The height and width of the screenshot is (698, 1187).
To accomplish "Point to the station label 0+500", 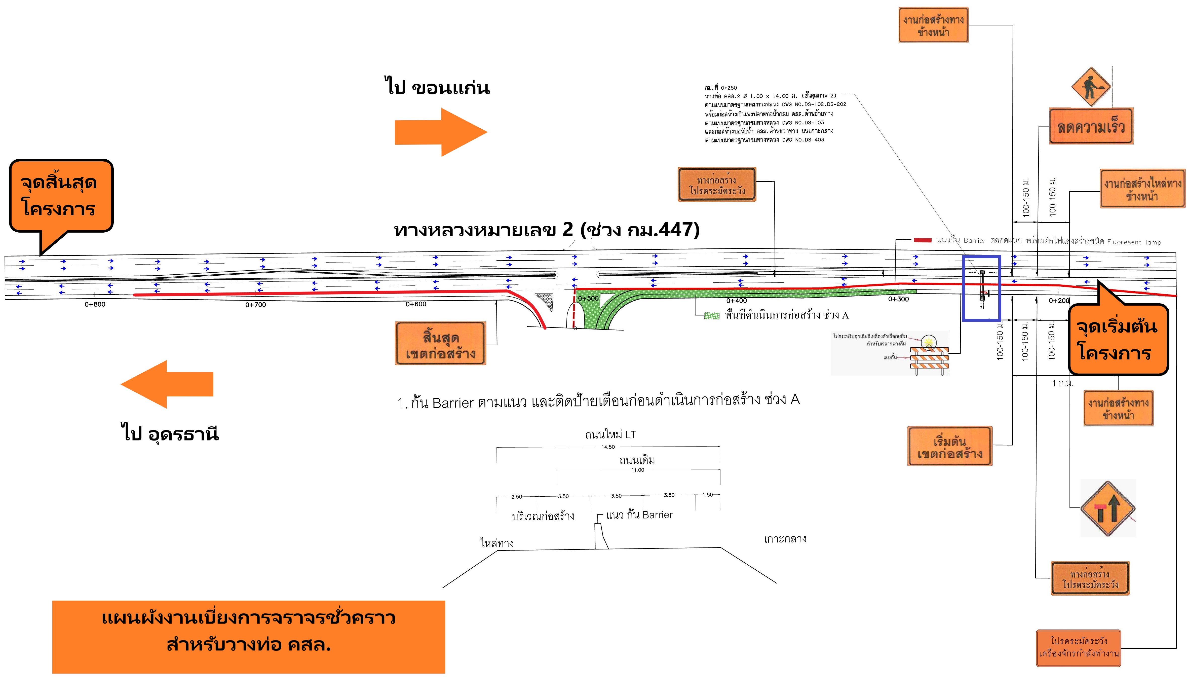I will [x=588, y=298].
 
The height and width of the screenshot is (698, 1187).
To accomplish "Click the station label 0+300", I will [x=898, y=299].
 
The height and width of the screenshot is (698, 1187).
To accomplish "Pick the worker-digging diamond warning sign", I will [x=1091, y=87].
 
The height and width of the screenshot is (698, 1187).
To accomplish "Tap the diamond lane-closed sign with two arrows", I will [x=1107, y=509].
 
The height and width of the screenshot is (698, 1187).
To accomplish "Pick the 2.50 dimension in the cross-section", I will [x=517, y=497].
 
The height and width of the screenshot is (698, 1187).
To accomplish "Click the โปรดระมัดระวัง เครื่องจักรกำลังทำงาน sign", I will [x=1078, y=648].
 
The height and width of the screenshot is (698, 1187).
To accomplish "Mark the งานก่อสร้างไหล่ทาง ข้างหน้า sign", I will [x=1142, y=189].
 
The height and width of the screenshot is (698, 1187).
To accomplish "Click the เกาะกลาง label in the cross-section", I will [x=785, y=539].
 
